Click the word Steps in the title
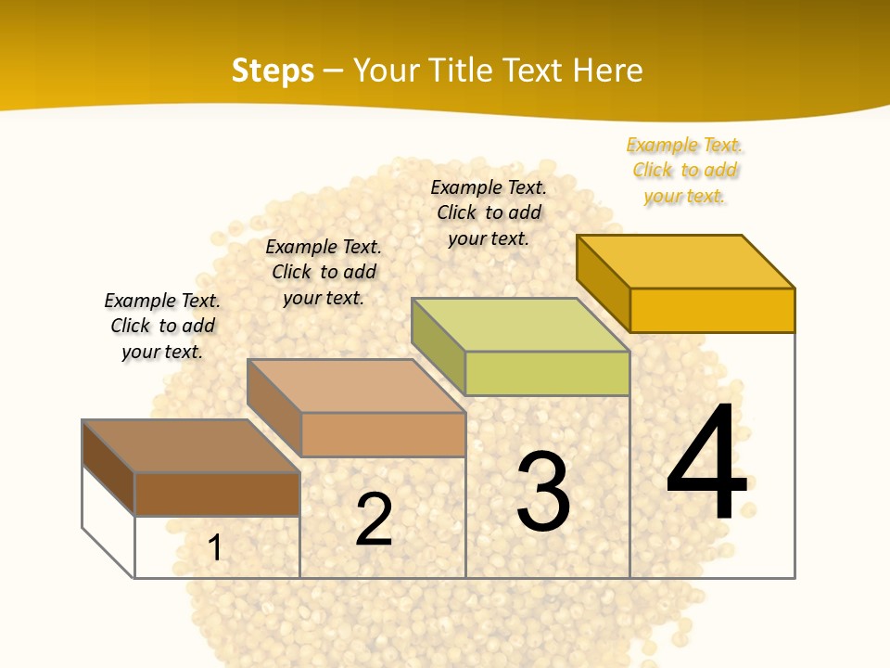[273, 71]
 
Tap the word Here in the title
[607, 71]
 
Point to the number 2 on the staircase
[374, 519]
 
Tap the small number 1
[215, 547]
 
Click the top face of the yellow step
[685, 261]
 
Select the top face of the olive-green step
[520, 325]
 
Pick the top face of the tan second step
[356, 386]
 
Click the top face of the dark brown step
[191, 446]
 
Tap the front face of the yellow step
[712, 310]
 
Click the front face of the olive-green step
[547, 373]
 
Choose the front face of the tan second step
[383, 434]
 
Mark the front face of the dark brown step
[217, 494]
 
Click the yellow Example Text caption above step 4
[685, 170]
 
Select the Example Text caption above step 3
[489, 212]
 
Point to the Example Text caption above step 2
[324, 272]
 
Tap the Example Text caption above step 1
[162, 326]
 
